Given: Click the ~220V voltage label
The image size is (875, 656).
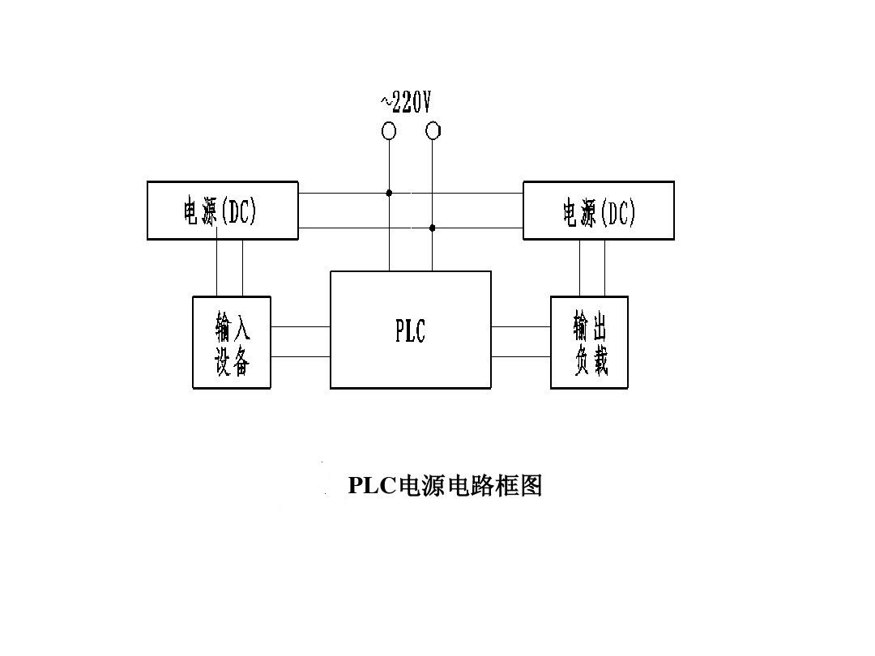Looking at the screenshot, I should click(x=406, y=102).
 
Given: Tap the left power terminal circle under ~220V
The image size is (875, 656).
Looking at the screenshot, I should click(x=389, y=131).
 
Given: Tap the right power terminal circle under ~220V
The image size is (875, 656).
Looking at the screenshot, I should click(x=433, y=131).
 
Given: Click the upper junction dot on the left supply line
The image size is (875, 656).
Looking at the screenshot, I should click(x=389, y=193).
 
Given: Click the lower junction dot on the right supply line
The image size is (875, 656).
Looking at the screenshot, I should click(x=432, y=228).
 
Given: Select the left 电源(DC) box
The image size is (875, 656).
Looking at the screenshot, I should click(x=222, y=211).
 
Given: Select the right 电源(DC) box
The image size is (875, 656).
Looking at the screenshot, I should click(x=598, y=211).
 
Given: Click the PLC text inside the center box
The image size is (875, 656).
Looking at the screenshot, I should click(x=410, y=330).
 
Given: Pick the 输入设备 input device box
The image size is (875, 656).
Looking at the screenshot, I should click(x=231, y=343).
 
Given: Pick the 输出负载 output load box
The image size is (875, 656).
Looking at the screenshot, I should click(x=589, y=343).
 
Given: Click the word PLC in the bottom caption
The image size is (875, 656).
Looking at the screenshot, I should click(x=371, y=486).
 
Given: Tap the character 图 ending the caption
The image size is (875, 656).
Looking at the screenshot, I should click(x=531, y=486).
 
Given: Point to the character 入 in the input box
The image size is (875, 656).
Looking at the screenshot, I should click(x=242, y=328).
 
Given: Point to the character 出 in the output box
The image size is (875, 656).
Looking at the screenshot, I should click(x=600, y=328).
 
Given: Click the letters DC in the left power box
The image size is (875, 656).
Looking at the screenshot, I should click(x=241, y=212).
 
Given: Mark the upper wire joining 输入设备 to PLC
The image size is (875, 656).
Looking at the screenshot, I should click(x=300, y=326).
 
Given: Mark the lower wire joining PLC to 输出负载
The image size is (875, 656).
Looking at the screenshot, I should click(x=520, y=356).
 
